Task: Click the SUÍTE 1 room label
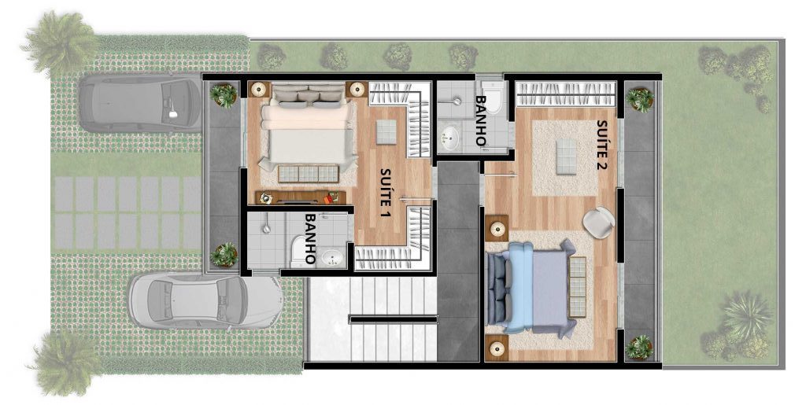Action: pos(386,193)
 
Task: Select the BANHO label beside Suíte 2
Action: pos(480,123)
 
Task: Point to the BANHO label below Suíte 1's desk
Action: pos(310,237)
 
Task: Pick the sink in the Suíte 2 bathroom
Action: pos(449,138)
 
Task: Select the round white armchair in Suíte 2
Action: pos(599,221)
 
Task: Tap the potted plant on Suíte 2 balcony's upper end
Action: pos(640,99)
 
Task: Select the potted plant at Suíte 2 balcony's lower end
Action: pos(640,346)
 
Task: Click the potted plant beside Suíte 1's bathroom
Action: pos(224,255)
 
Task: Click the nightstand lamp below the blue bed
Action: pos(497,347)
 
